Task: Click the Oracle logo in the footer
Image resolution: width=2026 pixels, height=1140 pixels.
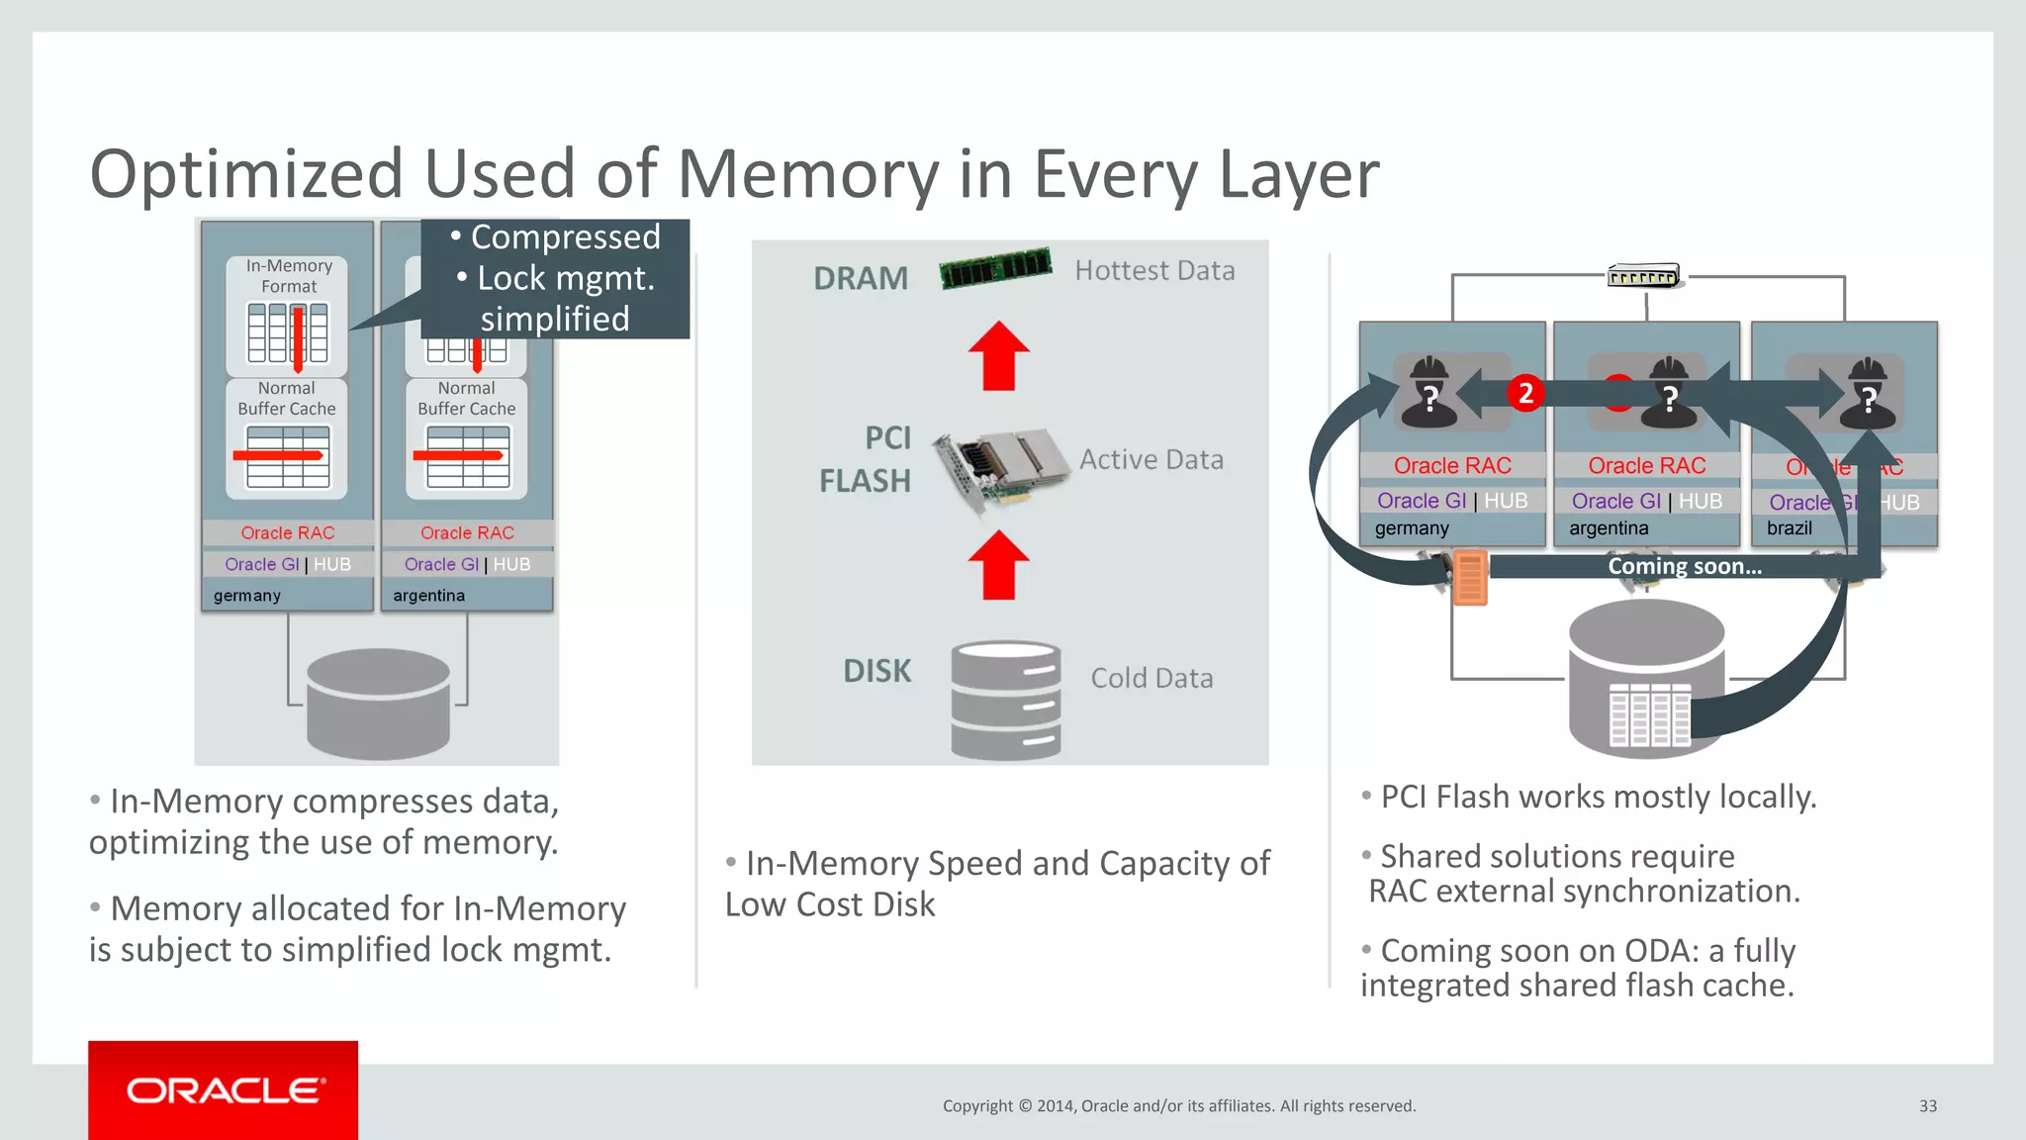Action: pos(224,1091)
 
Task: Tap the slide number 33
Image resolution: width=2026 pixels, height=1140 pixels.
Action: pos(1927,1106)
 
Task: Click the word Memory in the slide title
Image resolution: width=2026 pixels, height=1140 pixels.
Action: pos(807,174)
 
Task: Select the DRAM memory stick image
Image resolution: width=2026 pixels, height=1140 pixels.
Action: pos(995,267)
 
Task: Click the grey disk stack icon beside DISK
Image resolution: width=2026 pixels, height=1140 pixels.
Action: pos(1005,701)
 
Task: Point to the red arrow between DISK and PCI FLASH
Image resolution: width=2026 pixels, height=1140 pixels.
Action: pos(999,565)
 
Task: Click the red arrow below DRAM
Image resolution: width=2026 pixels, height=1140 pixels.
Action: pos(999,355)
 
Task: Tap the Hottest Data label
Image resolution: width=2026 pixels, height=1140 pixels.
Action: pos(1154,270)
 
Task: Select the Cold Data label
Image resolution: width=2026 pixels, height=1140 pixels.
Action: pos(1151,678)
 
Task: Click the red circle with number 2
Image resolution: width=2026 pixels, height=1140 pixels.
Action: pos(1525,394)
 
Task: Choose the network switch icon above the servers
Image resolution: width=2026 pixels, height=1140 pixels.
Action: pos(1643,276)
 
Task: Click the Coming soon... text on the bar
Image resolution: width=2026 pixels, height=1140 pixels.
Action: pos(1684,566)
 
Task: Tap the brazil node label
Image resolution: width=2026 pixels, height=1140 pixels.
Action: pos(1789,528)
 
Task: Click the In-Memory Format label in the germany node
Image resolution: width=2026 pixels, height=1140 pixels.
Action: pos(289,276)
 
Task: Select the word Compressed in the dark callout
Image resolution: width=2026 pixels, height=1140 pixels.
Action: pos(565,237)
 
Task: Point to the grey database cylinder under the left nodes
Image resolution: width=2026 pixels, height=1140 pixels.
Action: pos(378,703)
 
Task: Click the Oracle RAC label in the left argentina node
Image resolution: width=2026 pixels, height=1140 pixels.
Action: pos(467,532)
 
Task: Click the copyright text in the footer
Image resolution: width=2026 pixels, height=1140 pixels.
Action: pos(1178,1106)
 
